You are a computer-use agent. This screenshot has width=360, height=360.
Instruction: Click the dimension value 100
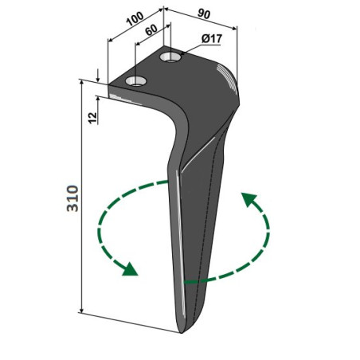coord(135,19)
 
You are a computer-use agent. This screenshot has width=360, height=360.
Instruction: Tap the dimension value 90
coord(204,14)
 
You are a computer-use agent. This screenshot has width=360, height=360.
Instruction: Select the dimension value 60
coord(151,30)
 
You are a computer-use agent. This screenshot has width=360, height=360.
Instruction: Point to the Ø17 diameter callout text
coord(212,39)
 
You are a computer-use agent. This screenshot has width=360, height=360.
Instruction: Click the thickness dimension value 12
coord(92,118)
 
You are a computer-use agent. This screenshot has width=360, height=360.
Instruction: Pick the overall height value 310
coord(72,198)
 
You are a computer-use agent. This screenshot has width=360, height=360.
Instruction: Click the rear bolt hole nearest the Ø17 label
coord(170,57)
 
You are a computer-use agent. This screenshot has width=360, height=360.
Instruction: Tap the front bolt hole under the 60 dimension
coord(136,81)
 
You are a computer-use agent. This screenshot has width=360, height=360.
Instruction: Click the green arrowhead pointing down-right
coord(130,269)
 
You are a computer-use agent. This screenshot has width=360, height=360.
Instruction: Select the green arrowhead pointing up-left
coord(248,199)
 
